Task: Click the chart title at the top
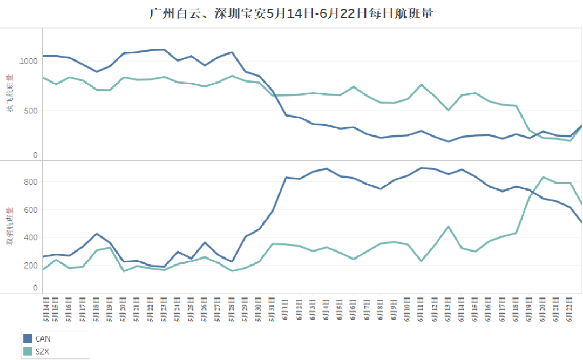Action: pos(291,13)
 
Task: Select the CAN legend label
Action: pos(43,339)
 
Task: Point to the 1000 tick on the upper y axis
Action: pos(28,61)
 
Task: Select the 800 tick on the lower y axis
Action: pos(30,182)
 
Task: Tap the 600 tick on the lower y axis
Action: pos(30,210)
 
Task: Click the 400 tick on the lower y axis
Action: pos(30,237)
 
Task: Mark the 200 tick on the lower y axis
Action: pos(30,266)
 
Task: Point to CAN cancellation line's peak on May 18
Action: pos(96,233)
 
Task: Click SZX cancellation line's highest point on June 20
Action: pos(543,176)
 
